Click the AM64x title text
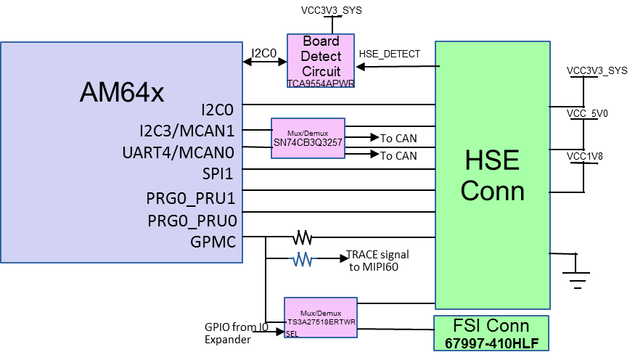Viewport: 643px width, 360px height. coord(122,93)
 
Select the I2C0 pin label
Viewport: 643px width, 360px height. coord(217,110)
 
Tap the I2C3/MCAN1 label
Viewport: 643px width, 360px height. coord(187,131)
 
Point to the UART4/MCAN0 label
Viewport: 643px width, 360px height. coord(179,153)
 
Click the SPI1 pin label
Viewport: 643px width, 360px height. coord(219,174)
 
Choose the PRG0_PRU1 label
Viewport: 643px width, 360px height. coord(191,198)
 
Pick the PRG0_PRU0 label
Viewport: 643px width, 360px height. coord(192,221)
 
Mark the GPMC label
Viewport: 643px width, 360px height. coord(213,242)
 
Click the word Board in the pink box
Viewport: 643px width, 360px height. coord(321,41)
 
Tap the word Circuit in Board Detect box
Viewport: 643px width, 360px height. coord(321,71)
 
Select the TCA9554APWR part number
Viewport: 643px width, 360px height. coord(321,83)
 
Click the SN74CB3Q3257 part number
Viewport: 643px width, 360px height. coord(308,143)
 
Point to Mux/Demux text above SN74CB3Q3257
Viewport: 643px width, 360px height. coord(308,134)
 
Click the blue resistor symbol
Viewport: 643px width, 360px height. coord(303,259)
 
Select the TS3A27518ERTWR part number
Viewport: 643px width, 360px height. coord(321,322)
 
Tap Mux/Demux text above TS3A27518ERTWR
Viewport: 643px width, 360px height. coord(321,313)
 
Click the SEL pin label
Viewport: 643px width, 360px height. coord(292,334)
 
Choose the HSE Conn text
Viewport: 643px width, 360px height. coord(492,175)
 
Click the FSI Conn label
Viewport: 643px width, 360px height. coord(491,326)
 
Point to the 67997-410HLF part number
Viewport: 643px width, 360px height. coord(491,343)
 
